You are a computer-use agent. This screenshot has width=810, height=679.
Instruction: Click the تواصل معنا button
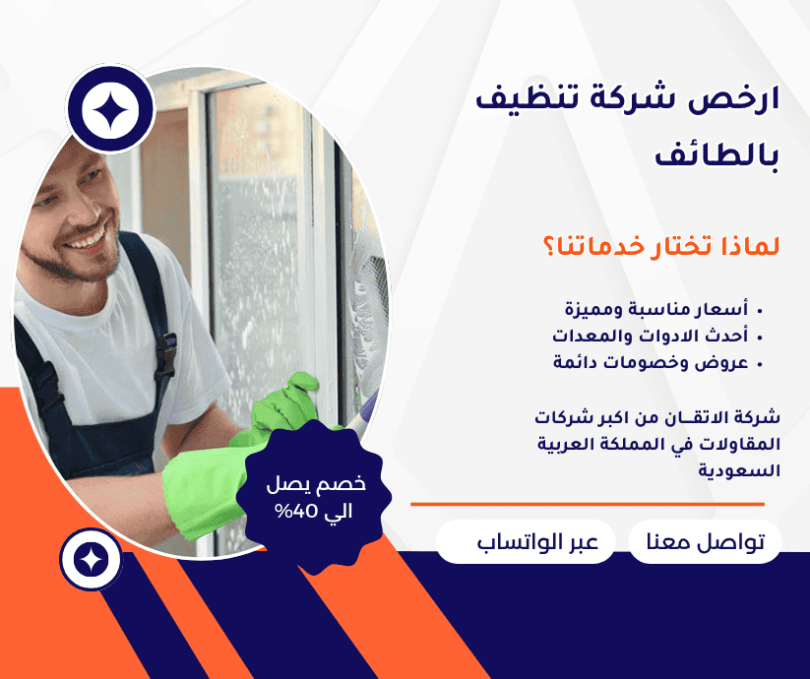(x=705, y=542)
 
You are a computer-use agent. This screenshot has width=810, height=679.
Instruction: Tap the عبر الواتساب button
(x=525, y=542)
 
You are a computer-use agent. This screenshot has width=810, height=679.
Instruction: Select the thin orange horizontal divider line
(x=587, y=505)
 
